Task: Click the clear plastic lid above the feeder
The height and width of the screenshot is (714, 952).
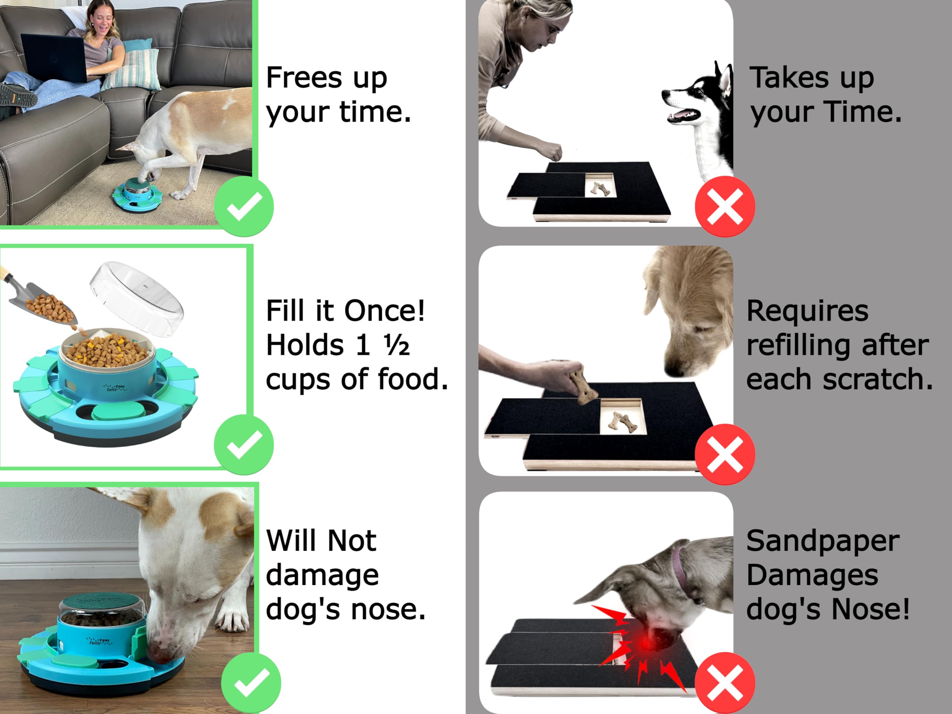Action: click(137, 298)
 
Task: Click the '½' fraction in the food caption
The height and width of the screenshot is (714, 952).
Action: click(397, 345)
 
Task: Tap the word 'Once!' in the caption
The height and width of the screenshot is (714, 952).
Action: click(384, 311)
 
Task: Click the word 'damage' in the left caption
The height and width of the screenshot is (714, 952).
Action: click(322, 575)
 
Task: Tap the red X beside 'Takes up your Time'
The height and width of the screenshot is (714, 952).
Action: click(725, 207)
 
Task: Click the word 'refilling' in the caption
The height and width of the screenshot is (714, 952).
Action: click(798, 345)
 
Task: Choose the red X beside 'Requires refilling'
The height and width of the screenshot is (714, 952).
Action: click(725, 454)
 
